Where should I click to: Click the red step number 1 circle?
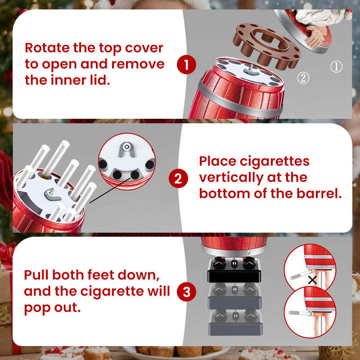pos(187,65)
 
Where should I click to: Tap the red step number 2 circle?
pos(178,179)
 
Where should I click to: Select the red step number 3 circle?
pos(187,292)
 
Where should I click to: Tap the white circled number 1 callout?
pos(336,67)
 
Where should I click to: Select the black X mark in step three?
pos(312,280)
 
